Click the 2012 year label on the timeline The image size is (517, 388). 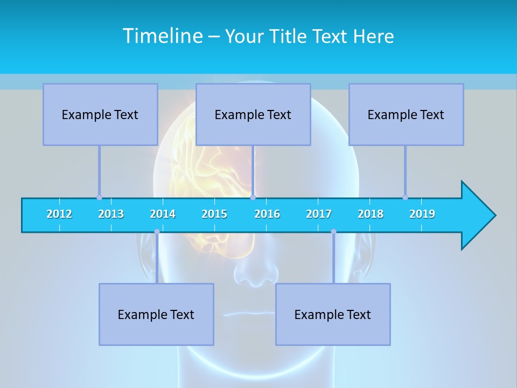59,214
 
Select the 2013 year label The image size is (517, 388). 111,214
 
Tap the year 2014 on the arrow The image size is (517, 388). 163,214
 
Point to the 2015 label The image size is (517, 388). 214,214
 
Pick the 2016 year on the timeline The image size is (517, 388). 267,214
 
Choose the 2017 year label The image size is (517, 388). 319,214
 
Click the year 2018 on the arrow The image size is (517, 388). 371,214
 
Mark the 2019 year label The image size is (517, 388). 422,214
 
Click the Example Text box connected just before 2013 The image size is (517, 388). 100,114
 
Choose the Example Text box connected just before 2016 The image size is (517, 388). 253,114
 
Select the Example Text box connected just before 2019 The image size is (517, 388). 406,114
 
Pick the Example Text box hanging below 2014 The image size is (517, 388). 156,314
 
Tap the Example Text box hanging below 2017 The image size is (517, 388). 333,314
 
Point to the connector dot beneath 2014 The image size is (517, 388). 157,232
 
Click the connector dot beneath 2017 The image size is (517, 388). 333,232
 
